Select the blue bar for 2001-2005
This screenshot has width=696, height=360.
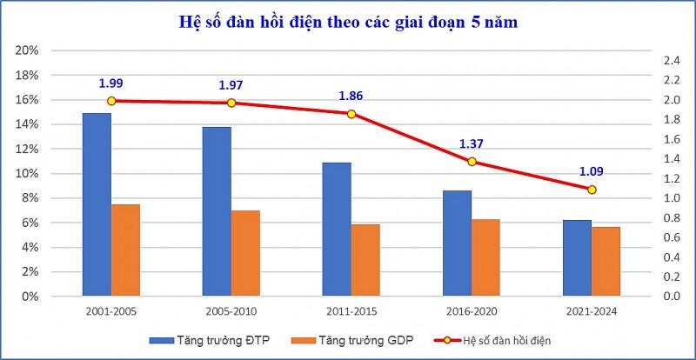97,204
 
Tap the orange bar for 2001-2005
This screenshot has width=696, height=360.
125,250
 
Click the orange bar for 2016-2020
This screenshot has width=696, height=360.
485,257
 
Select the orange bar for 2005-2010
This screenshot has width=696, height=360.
246,253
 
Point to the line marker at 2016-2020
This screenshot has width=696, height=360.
472,162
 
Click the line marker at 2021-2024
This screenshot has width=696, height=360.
592,190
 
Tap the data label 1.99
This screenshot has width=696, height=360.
110,83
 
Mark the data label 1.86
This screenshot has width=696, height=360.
351,97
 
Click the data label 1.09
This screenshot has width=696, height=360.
592,171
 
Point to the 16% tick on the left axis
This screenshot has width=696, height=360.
28,100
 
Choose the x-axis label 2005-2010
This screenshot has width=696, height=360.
231,310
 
